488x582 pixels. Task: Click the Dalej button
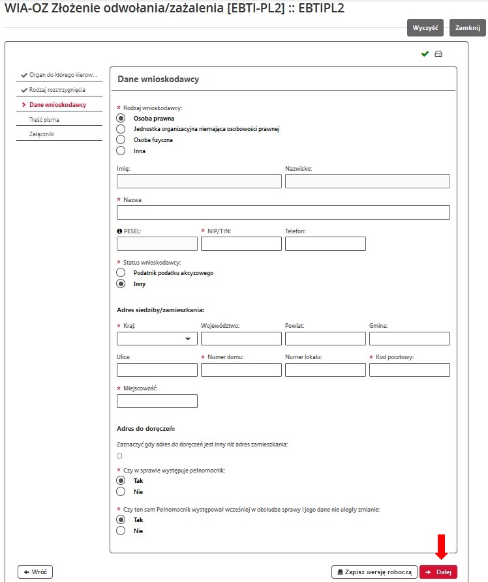coord(438,572)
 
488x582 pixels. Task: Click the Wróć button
coord(35,572)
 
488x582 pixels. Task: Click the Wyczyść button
coord(425,28)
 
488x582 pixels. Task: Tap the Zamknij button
coord(468,28)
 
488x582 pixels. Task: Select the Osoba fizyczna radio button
coord(121,139)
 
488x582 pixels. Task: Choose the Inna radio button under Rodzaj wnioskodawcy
coord(121,151)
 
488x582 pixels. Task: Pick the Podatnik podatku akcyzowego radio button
coord(121,272)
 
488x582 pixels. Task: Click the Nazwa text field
coord(283,212)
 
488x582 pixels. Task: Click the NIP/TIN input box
coord(241,244)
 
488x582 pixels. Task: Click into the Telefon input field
coord(325,244)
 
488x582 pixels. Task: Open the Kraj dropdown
coord(157,338)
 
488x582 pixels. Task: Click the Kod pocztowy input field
coord(409,370)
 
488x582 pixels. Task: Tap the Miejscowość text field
coord(157,401)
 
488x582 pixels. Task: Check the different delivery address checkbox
coord(119,456)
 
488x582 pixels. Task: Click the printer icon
coord(438,54)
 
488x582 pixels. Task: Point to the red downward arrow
coord(441,546)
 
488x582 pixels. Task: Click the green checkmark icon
coord(425,54)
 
